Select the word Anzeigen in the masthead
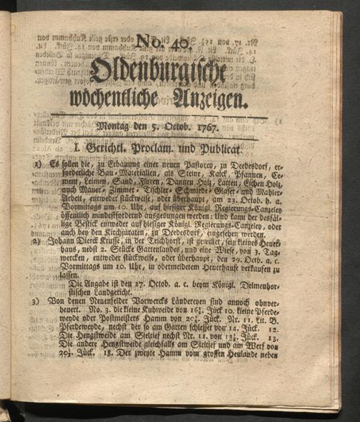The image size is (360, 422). (208, 100)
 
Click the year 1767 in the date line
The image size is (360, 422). (221, 129)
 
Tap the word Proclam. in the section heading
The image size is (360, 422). (167, 149)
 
